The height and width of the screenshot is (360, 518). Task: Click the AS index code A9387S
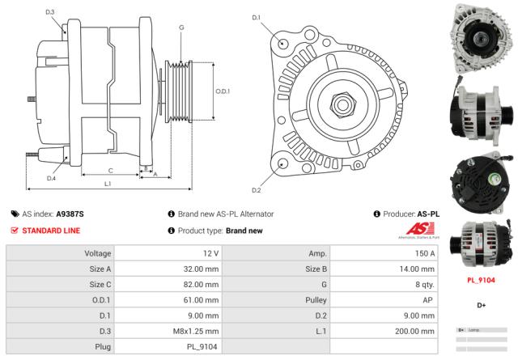click(x=70, y=214)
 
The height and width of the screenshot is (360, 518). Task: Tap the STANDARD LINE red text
click(x=51, y=231)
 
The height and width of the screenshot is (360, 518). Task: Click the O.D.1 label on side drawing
click(x=223, y=91)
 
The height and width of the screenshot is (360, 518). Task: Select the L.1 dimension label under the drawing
click(x=108, y=184)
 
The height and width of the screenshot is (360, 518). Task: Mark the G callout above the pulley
click(x=181, y=28)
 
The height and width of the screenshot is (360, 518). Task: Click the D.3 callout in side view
click(x=50, y=12)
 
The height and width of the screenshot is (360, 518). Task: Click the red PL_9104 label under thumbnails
click(x=481, y=280)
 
